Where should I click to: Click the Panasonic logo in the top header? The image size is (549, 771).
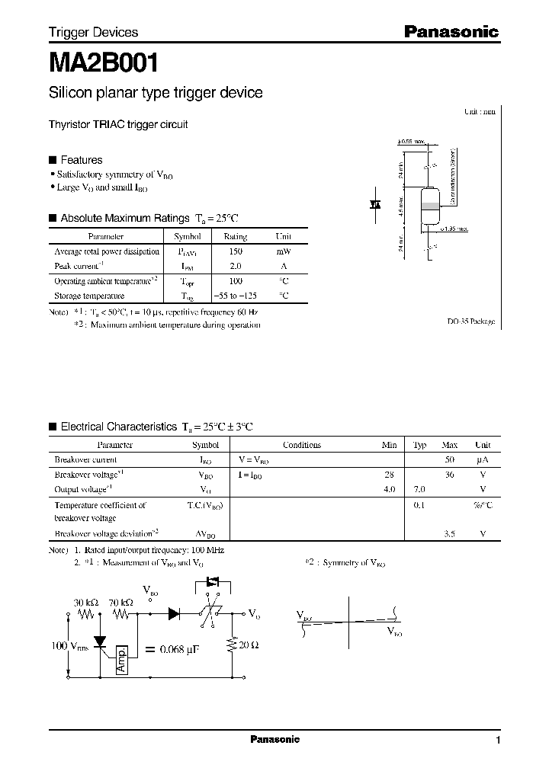click(450, 32)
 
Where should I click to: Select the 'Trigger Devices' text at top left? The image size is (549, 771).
click(93, 32)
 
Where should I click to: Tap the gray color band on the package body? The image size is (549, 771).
click(429, 206)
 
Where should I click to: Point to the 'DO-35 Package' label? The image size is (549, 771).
click(470, 322)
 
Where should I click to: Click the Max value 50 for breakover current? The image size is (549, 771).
click(450, 460)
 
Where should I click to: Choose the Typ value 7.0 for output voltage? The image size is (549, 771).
click(419, 488)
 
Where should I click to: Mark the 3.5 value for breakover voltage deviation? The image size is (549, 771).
click(450, 533)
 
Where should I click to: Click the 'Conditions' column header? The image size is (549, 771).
click(302, 445)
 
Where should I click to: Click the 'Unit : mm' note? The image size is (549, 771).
click(480, 111)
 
